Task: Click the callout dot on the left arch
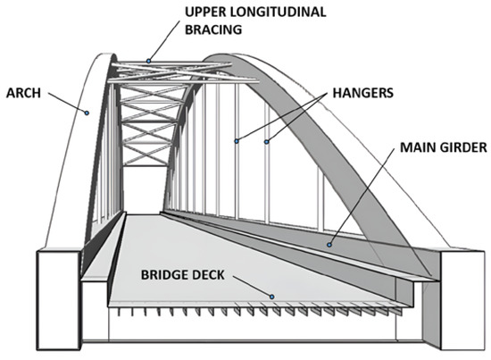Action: pyautogui.click(x=87, y=112)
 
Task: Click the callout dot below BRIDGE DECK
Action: pyautogui.click(x=274, y=296)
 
